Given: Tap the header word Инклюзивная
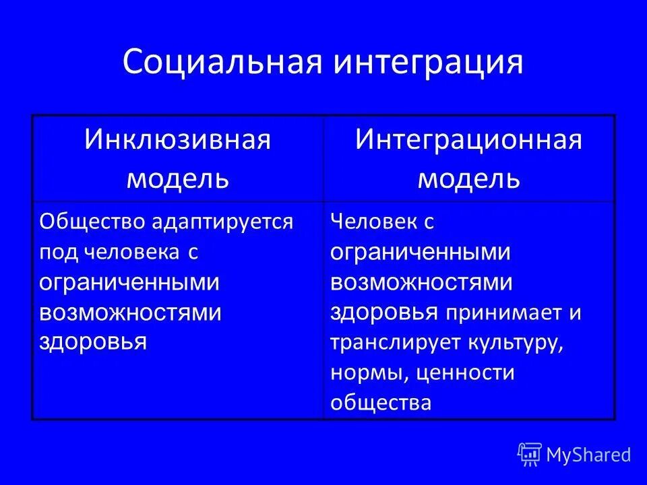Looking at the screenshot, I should tap(177, 141).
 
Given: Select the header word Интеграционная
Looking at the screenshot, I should tap(468, 141).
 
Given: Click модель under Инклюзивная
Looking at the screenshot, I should tap(177, 179).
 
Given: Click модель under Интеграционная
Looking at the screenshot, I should tap(468, 179).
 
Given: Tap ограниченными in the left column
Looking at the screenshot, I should tap(129, 282).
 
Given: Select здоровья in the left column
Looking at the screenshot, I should tap(93, 342).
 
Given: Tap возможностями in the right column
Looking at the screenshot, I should tap(421, 283).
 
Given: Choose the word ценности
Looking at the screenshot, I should tap(464, 373).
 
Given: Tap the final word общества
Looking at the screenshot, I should tap(380, 402).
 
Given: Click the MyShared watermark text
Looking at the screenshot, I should tap(588, 455).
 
